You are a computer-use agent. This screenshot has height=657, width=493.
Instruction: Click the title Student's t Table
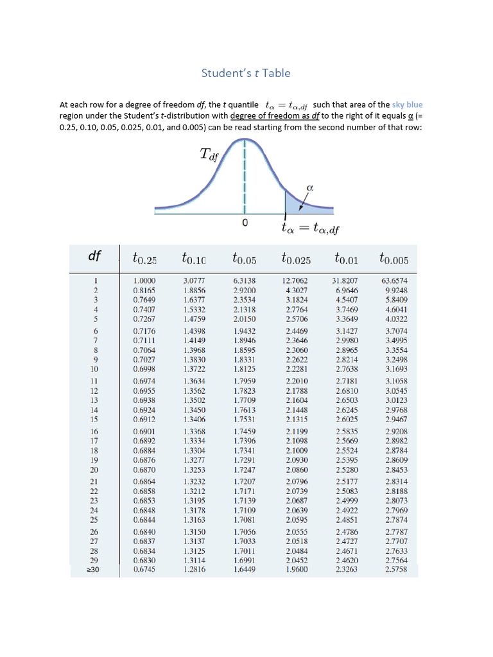246,73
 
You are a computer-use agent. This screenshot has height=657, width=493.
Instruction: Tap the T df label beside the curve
210,155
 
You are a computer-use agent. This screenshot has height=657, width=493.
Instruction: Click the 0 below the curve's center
245,223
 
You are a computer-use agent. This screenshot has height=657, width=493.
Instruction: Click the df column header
94,257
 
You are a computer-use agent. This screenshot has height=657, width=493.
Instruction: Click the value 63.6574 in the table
394,280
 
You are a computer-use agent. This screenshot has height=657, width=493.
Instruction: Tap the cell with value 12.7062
295,280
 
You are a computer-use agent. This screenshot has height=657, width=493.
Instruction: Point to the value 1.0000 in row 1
144,280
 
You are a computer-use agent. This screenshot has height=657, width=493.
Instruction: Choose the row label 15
94,419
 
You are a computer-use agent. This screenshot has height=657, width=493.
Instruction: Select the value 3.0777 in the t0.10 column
195,280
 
